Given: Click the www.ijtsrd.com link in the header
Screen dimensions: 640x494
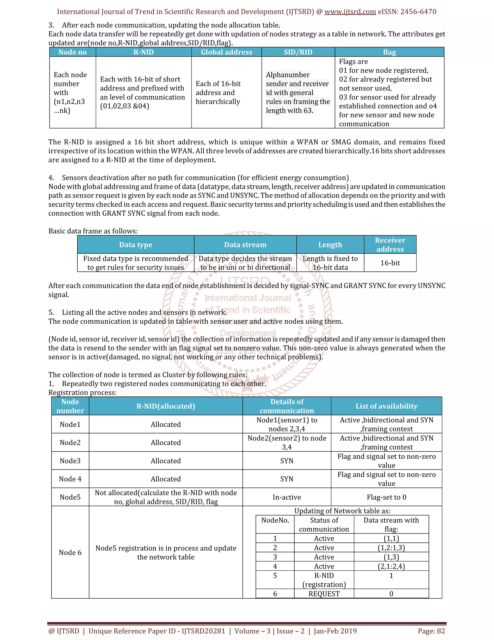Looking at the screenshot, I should point(350,12).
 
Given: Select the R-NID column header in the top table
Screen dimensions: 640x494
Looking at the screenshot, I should point(144,52).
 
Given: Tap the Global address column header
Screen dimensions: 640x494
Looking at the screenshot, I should point(226,52).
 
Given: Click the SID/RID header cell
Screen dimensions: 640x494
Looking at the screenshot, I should point(298,52).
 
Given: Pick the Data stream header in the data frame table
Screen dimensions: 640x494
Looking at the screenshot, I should point(245,245).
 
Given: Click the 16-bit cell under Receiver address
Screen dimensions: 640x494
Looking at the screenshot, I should point(390,263).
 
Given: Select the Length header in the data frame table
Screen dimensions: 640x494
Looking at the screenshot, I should point(330,245).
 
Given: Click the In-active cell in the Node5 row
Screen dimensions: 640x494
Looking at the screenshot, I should point(287,497).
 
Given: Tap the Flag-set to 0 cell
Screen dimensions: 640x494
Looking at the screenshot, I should point(386,497).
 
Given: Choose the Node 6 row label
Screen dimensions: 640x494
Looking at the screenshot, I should point(70,552).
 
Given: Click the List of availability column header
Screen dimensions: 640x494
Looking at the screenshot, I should point(386,406).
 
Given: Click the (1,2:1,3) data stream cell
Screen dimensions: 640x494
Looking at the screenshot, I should point(391,548).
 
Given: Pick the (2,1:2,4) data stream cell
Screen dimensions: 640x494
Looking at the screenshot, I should point(391,566).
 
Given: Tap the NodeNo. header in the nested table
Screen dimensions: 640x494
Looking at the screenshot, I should point(275,520).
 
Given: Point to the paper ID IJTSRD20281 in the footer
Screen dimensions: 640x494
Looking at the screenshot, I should point(203,631).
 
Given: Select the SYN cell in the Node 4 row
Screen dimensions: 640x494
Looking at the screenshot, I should point(287,479).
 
